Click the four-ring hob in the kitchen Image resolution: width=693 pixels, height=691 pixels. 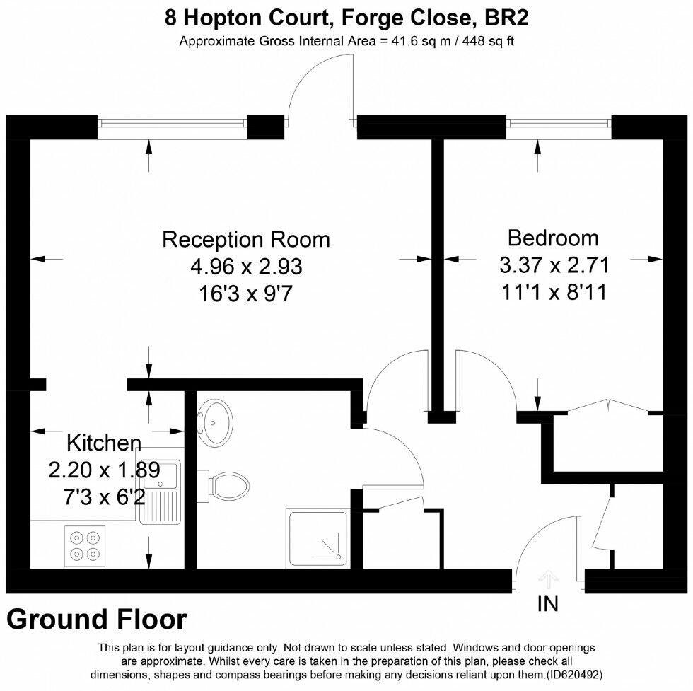pyautogui.click(x=84, y=545)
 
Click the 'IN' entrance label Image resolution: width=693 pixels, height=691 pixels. pyautogui.click(x=548, y=603)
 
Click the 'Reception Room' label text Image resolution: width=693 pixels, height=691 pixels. pyautogui.click(x=246, y=239)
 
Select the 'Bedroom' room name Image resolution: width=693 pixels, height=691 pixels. pyautogui.click(x=553, y=238)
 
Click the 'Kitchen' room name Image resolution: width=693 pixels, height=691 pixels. pyautogui.click(x=104, y=443)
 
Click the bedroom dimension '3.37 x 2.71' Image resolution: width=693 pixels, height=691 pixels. pyautogui.click(x=554, y=265)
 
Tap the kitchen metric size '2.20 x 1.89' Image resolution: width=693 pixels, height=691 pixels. pyautogui.click(x=104, y=470)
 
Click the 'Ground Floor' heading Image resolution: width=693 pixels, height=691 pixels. pyautogui.click(x=97, y=620)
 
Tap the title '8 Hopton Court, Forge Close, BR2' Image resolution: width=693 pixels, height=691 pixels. pyautogui.click(x=346, y=17)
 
